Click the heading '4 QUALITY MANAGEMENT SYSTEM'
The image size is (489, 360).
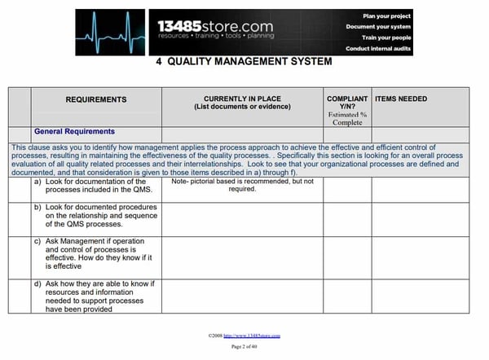tap(243, 62)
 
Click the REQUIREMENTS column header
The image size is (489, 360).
tap(96, 99)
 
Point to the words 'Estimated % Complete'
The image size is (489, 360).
tap(347, 119)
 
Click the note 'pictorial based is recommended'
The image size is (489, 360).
tap(242, 186)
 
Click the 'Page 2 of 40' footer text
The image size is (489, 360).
tap(244, 347)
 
